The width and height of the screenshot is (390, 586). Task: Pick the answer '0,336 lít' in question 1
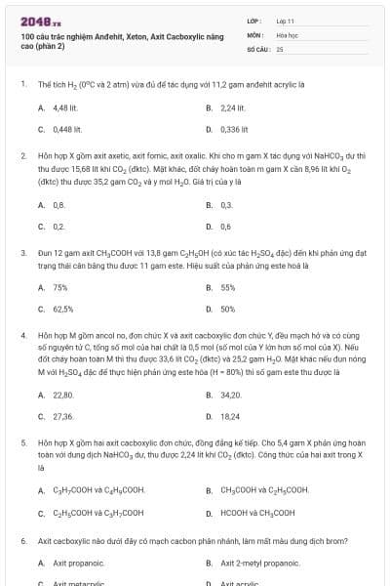235,128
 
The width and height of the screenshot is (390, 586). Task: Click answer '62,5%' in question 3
63,309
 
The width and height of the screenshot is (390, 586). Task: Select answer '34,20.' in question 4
232,396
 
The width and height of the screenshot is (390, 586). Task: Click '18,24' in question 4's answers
231,416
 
